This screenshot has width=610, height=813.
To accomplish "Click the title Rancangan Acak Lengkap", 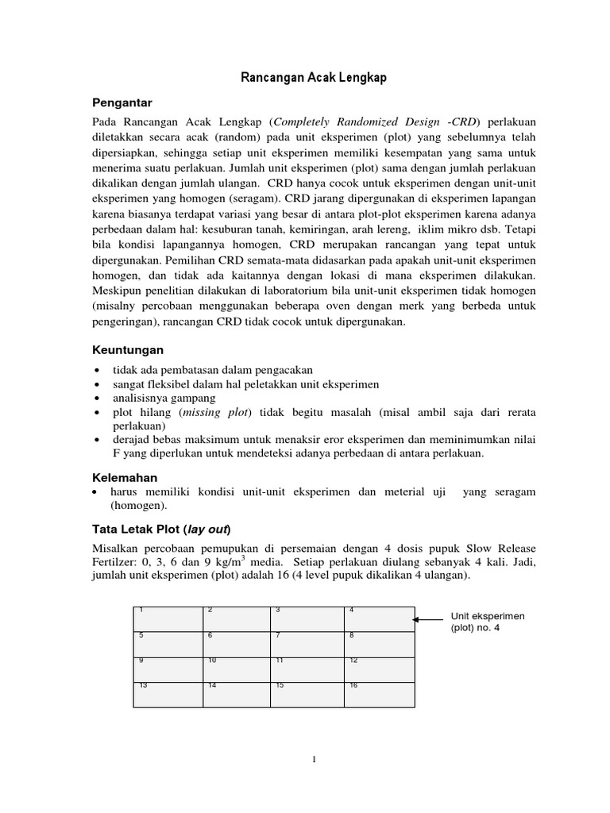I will coord(313,78).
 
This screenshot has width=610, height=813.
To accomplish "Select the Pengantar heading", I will coord(122,103).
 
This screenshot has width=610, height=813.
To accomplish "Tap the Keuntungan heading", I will coord(127,349).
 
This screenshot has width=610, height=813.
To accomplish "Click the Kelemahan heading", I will coord(125,477).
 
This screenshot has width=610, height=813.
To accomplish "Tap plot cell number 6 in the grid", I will coord(237,644).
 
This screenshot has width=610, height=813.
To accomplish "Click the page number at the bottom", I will coord(315,759).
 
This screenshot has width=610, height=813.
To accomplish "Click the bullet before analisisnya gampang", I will coord(96,399).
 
